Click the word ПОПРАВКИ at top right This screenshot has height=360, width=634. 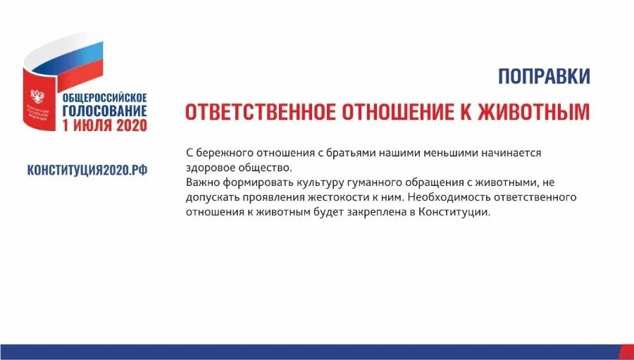pos(544,76)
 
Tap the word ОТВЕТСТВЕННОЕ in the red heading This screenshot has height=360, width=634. pos(259,113)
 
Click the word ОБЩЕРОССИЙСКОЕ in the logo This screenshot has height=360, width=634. pos(104,97)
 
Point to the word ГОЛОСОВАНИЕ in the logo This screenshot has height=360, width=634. pos(104,111)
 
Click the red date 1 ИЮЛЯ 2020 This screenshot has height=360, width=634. pos(104,125)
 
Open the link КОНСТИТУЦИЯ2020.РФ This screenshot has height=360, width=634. pos(87,170)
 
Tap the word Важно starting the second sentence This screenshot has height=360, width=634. pos(201,182)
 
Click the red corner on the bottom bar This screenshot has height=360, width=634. pos(627,352)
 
